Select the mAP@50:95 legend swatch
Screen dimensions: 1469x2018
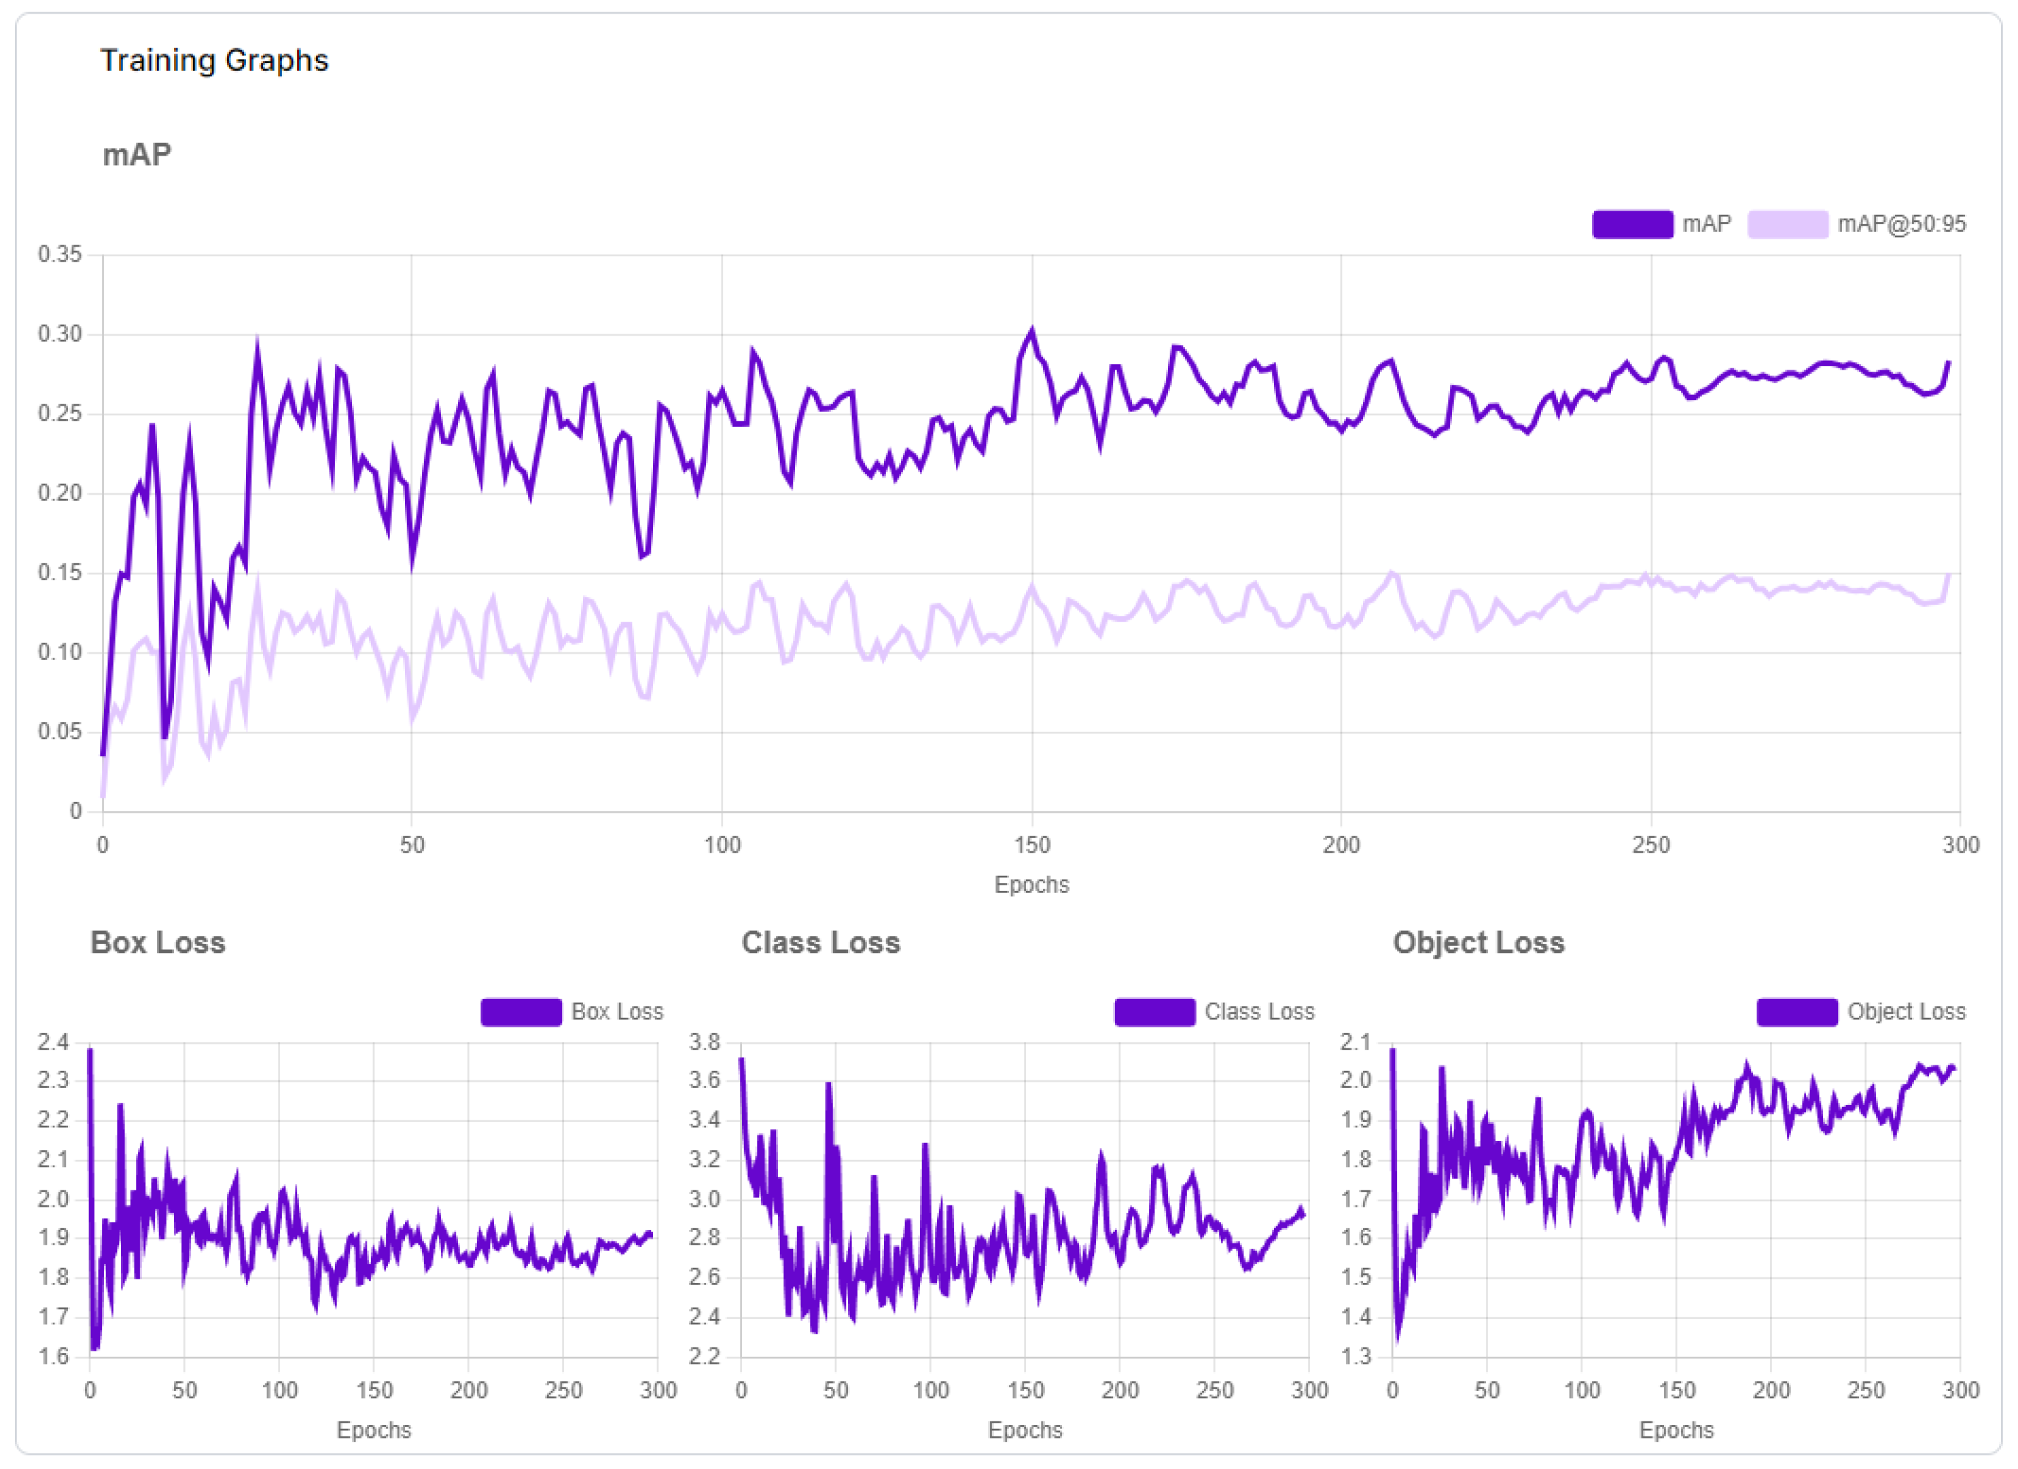(x=1787, y=224)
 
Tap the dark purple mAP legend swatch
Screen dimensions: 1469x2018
(x=1632, y=224)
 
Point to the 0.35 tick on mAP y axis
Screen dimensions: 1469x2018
(x=60, y=255)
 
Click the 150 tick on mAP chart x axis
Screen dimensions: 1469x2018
(x=1032, y=845)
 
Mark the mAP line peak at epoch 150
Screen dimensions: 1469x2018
(x=1032, y=332)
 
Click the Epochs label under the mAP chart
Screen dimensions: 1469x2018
(x=1031, y=885)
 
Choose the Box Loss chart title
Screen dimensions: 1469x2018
(x=158, y=942)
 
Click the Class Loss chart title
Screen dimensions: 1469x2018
(x=820, y=942)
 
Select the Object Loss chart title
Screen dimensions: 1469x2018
(x=1478, y=942)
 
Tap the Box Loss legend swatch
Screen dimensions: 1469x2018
(x=520, y=1012)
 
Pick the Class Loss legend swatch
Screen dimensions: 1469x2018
(x=1154, y=1012)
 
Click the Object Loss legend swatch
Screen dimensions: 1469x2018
(x=1796, y=1012)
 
